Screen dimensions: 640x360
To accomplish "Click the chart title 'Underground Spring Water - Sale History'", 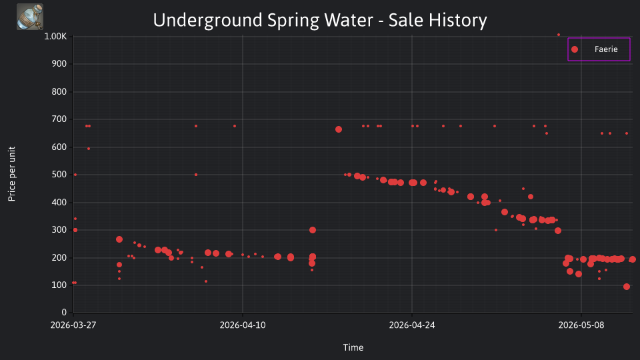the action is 320,21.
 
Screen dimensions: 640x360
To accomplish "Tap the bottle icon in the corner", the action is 30,17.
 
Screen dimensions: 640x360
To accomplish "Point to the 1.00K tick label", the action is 55,36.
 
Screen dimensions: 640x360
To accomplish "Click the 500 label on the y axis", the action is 59,174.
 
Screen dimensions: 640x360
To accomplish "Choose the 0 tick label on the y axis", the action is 64,312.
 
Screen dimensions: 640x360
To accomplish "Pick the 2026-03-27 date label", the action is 73,325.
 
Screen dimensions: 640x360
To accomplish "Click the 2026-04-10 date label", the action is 243,325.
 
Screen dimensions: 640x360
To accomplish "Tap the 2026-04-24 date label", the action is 412,325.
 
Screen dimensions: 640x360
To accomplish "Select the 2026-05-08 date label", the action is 581,325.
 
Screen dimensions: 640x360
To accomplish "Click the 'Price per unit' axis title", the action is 12,174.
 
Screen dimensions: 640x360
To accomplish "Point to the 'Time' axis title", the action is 353,347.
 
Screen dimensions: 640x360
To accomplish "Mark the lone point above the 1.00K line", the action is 559,35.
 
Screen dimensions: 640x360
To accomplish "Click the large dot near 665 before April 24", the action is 339,129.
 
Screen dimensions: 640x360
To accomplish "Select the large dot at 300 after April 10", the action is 313,230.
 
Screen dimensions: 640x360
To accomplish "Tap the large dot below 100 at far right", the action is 627,287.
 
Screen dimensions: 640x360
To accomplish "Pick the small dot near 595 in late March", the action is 89,149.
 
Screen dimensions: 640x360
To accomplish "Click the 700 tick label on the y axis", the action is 59,119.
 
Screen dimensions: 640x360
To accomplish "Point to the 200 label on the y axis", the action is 59,257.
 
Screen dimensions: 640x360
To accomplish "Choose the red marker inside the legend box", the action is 575,49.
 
